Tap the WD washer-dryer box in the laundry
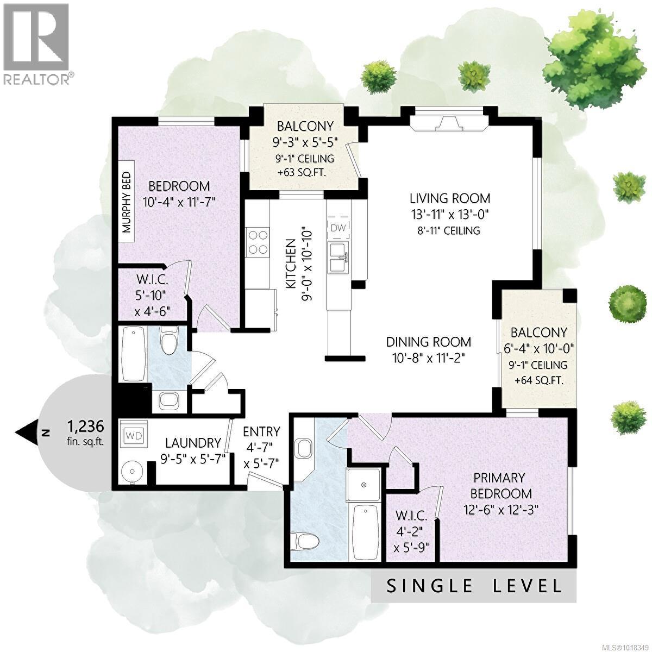[133, 436]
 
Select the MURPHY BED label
[127, 198]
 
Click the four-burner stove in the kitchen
[257, 242]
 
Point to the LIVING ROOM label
[449, 198]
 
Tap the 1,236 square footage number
[85, 424]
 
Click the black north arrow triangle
[24, 433]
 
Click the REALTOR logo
[37, 43]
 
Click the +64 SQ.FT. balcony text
[538, 380]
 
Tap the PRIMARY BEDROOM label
[499, 485]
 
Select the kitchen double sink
[339, 258]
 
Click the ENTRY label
[261, 432]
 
